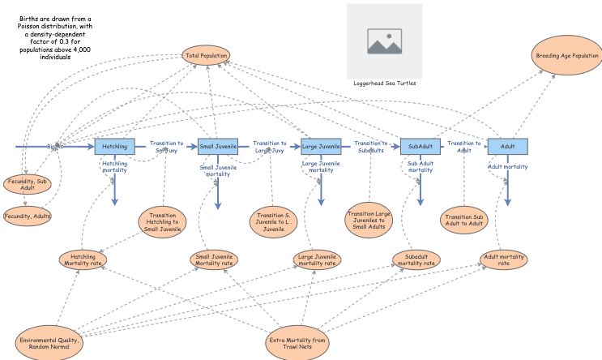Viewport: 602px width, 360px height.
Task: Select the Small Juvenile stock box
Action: (218, 146)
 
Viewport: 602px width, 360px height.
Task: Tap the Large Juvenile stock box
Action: (321, 147)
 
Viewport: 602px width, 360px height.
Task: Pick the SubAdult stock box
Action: (421, 147)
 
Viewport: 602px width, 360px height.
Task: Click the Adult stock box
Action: (508, 147)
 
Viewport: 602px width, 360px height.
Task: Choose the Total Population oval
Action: (207, 56)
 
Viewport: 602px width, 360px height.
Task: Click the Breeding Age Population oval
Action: (567, 56)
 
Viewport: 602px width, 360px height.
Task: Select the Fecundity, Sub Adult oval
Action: (28, 183)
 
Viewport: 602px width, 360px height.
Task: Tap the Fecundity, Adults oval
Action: (28, 216)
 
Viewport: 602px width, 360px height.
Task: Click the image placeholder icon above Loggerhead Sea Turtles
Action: (384, 40)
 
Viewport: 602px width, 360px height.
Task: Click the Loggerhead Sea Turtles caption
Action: (384, 83)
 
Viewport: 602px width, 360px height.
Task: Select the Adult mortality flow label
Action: (508, 167)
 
